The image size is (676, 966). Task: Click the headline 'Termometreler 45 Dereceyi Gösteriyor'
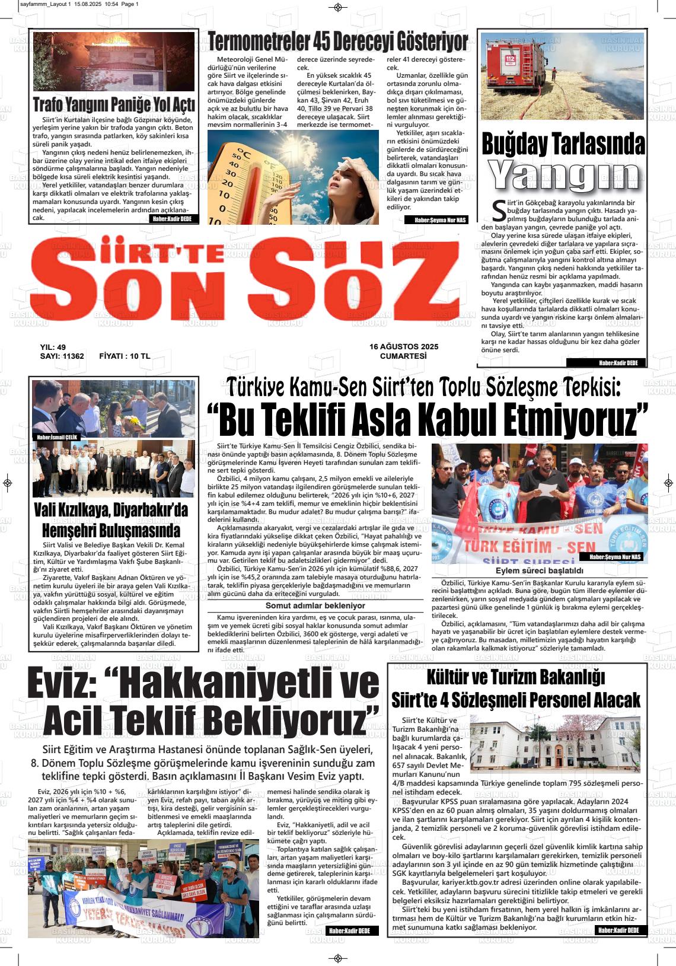click(338, 42)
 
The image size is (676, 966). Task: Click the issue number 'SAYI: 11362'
click(62, 356)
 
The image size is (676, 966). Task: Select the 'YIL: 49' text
click(53, 347)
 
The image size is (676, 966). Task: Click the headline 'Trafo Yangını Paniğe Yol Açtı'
click(114, 106)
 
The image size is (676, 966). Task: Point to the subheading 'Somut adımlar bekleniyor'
click(315, 605)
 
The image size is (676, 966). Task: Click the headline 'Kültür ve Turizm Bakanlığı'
click(515, 677)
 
